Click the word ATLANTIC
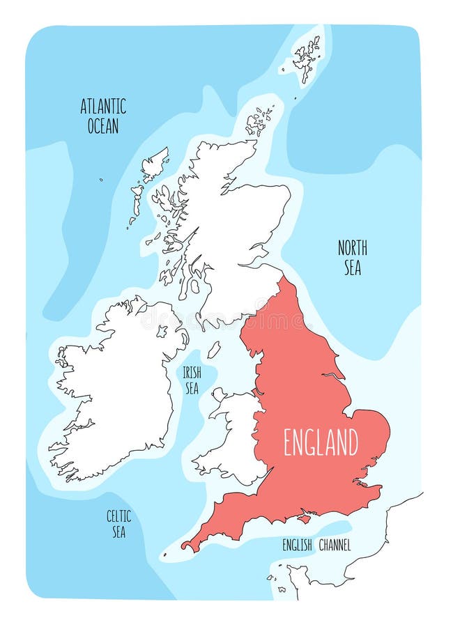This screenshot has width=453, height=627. (x=103, y=107)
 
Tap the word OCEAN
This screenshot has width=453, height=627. (x=103, y=126)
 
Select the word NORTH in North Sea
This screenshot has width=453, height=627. (x=353, y=247)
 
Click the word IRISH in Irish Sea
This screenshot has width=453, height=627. (x=192, y=372)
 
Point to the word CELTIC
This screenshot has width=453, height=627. (x=118, y=516)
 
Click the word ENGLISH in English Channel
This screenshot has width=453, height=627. (x=297, y=545)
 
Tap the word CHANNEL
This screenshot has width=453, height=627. (x=335, y=545)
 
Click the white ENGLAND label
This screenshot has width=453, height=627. (x=321, y=442)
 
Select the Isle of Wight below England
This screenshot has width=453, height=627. (x=304, y=519)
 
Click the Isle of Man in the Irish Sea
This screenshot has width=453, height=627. (x=214, y=349)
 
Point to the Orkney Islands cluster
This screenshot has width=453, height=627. (x=259, y=121)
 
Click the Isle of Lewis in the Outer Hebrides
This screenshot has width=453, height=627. (x=155, y=164)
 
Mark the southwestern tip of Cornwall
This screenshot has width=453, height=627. (x=184, y=547)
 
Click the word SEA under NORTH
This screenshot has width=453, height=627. (x=353, y=268)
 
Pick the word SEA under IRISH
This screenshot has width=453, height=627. (x=192, y=388)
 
